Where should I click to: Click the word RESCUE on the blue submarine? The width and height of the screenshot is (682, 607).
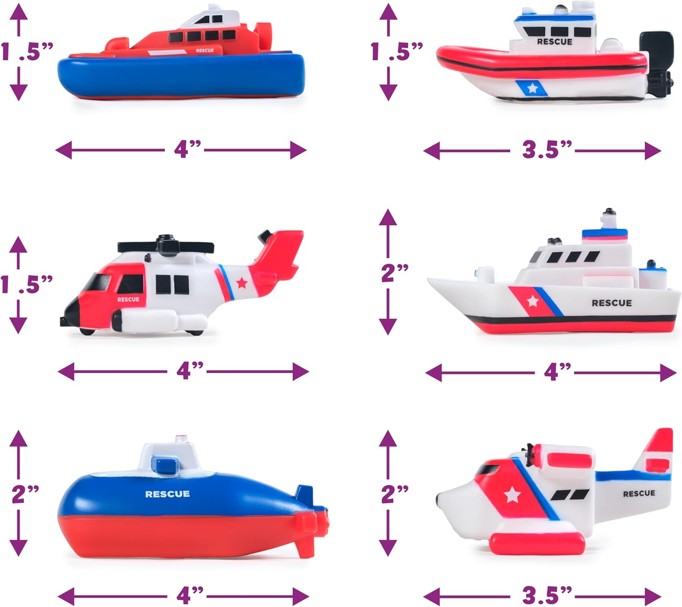(x=167, y=494)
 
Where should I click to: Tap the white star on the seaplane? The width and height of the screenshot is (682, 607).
(x=512, y=495)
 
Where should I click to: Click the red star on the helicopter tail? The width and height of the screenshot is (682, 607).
(x=242, y=283)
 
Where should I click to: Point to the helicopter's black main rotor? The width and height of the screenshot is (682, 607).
(x=165, y=246)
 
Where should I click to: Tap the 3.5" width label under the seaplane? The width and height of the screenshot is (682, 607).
(x=547, y=595)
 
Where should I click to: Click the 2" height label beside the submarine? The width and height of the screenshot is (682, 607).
(x=25, y=494)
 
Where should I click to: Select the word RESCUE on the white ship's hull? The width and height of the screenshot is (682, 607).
(x=612, y=303)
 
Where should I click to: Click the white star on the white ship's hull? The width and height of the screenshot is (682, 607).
(x=532, y=301)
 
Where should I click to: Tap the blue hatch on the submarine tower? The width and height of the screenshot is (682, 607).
(x=165, y=464)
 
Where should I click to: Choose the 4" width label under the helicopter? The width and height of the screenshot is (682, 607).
(x=190, y=371)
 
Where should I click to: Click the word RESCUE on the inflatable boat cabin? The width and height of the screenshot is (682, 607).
(x=554, y=42)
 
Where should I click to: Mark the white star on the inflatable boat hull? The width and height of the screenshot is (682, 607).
(x=532, y=88)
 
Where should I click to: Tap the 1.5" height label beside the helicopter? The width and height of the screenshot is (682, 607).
(x=26, y=285)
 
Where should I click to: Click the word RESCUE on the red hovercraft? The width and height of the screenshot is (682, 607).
(x=205, y=50)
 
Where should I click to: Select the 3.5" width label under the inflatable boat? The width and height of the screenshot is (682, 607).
(x=547, y=150)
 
